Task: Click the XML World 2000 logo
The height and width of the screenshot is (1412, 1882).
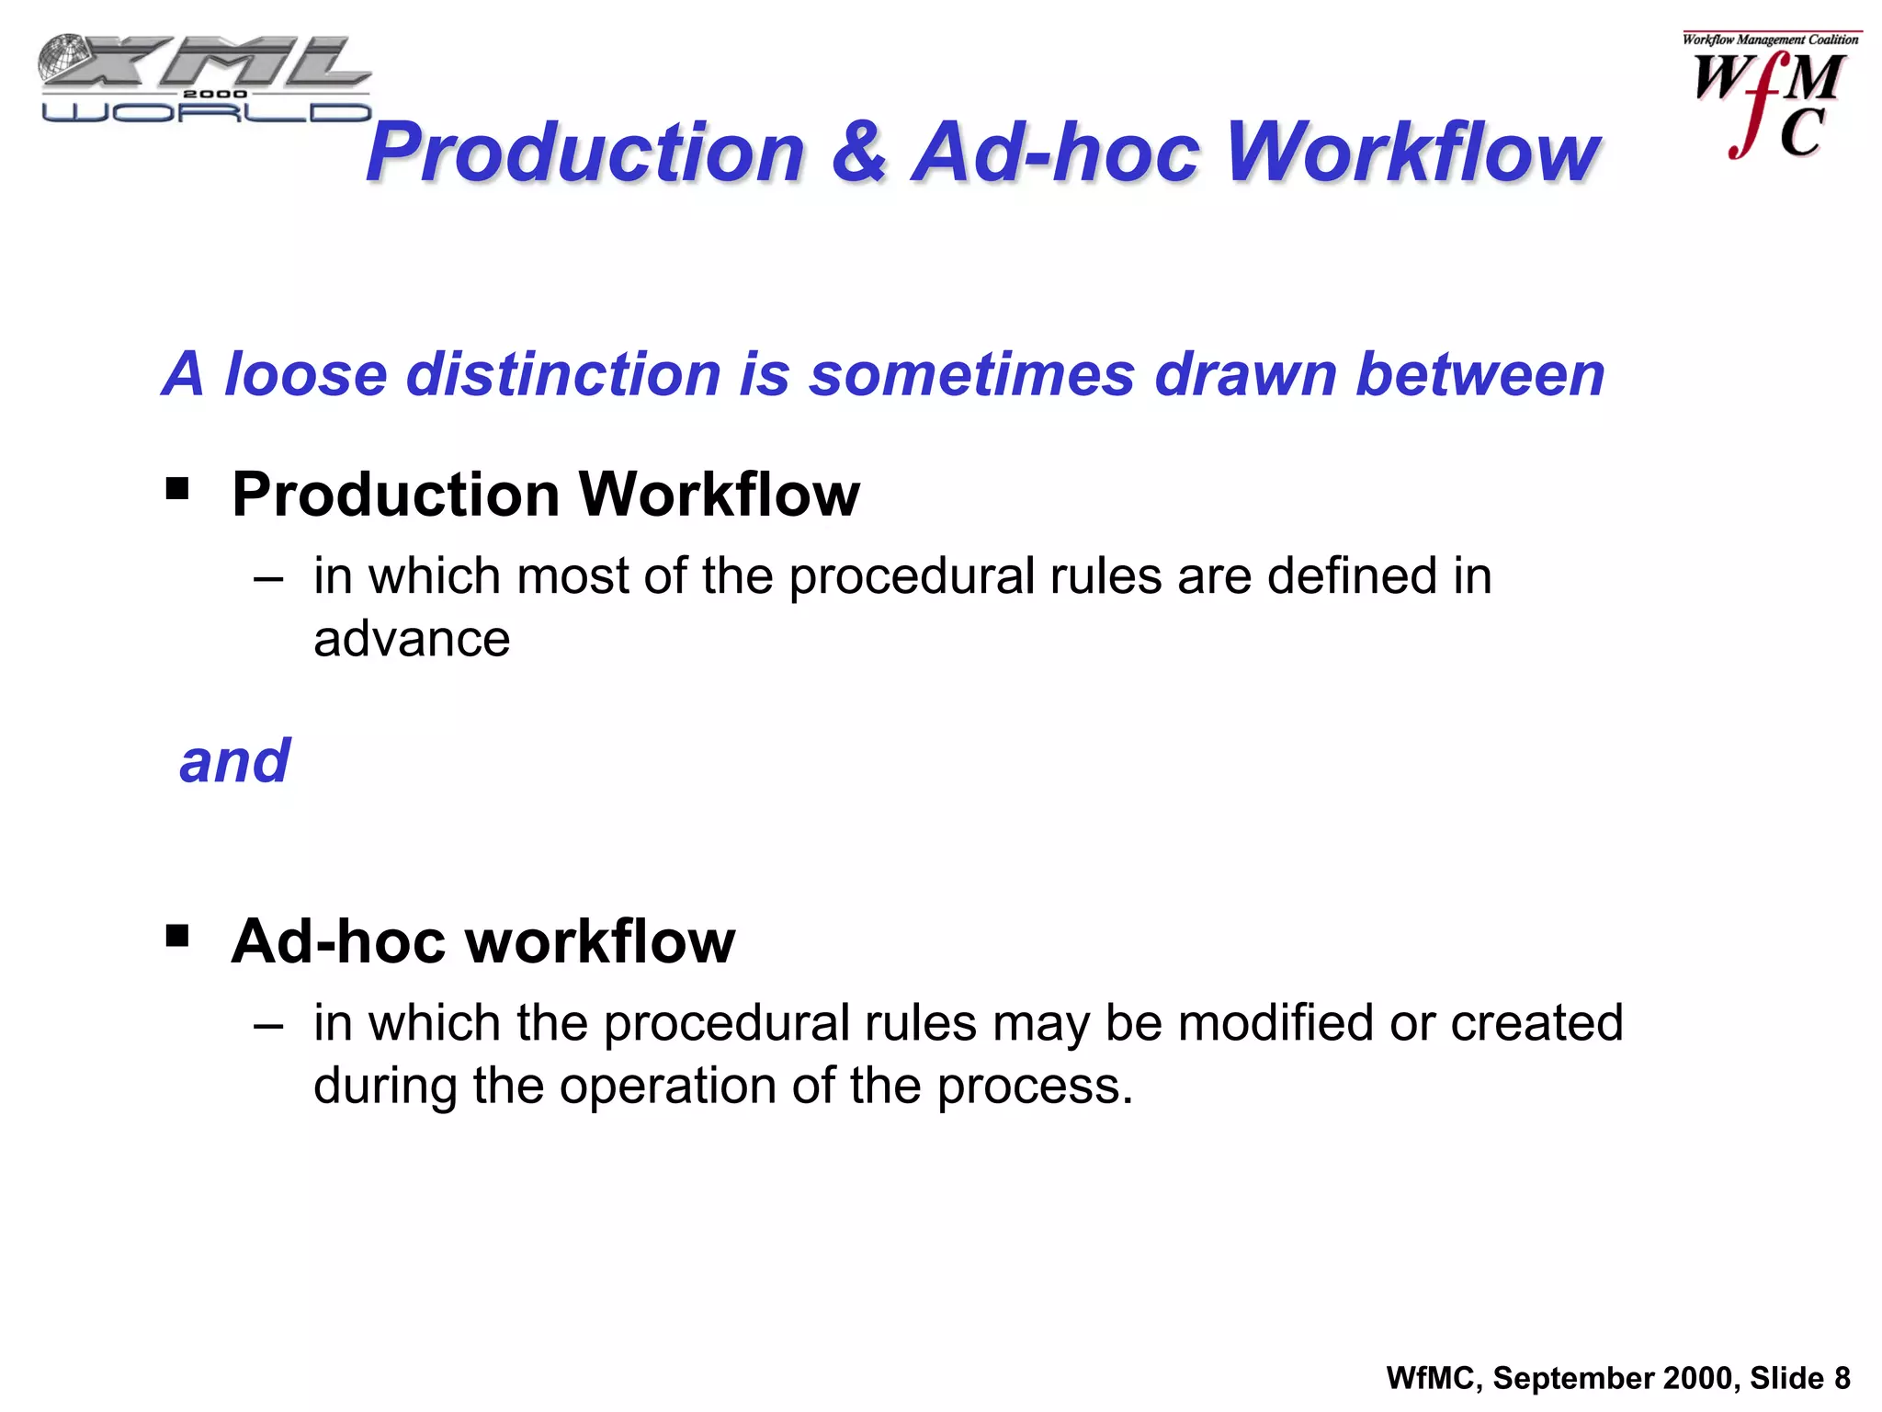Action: point(205,79)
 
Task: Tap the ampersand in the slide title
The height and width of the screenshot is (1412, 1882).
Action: point(858,152)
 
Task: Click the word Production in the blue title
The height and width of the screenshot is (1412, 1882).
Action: point(585,152)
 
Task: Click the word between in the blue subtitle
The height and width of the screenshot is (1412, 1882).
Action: point(1480,374)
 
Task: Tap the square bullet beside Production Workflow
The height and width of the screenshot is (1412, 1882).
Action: point(177,487)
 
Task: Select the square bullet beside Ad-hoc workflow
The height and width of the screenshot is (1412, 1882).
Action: point(177,936)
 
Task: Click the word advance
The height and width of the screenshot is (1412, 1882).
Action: point(412,639)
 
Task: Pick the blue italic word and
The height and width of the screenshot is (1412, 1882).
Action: point(234,761)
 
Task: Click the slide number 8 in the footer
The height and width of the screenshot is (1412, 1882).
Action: point(1842,1378)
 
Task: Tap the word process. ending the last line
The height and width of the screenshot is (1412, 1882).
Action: point(1035,1087)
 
